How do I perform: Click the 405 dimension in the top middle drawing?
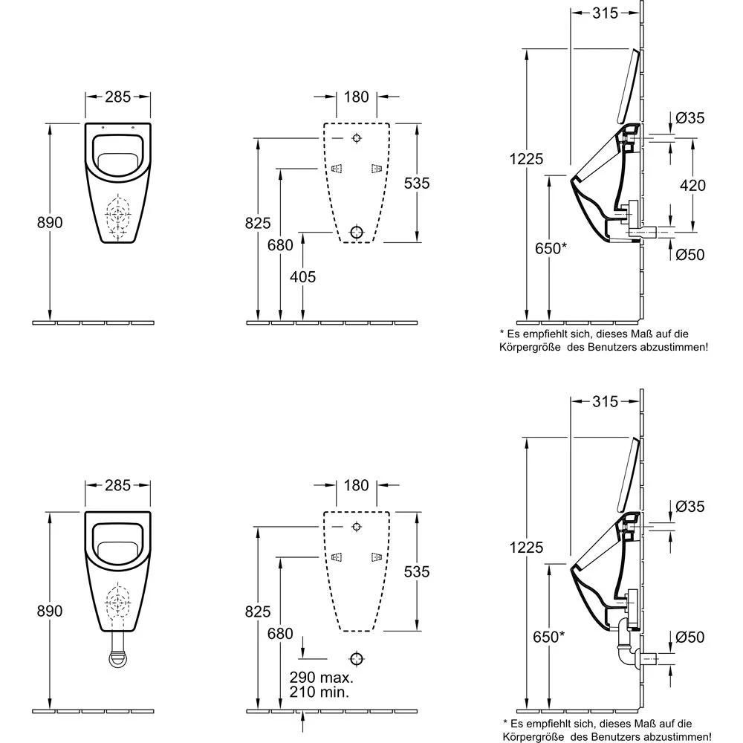pos(302,277)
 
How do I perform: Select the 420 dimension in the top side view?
pos(692,185)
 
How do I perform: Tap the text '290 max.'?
pos(321,678)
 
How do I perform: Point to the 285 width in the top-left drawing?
pos(117,96)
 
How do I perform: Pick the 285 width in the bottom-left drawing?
pos(117,485)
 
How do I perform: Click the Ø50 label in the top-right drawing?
pos(690,255)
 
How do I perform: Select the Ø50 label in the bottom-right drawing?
pos(690,637)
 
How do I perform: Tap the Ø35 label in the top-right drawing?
pos(690,117)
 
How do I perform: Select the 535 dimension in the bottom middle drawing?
pos(416,571)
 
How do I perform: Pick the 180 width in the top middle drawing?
pos(356,96)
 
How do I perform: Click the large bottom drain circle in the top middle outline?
pos(357,233)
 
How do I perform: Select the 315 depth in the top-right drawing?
pos(606,13)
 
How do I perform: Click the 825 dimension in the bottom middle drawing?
pos(257,611)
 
